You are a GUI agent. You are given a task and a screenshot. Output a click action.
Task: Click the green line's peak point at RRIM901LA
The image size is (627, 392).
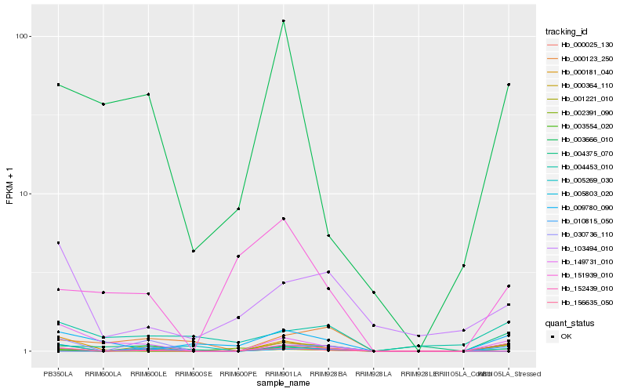[x=283, y=20]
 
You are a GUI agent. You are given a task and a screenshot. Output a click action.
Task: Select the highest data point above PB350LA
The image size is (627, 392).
[x=58, y=85]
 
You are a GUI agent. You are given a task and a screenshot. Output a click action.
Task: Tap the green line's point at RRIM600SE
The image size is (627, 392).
[x=193, y=251]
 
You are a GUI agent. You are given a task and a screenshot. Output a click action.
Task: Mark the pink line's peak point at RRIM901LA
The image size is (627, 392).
[x=283, y=218]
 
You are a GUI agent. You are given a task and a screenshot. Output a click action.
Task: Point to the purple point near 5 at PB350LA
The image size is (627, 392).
[x=58, y=243]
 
